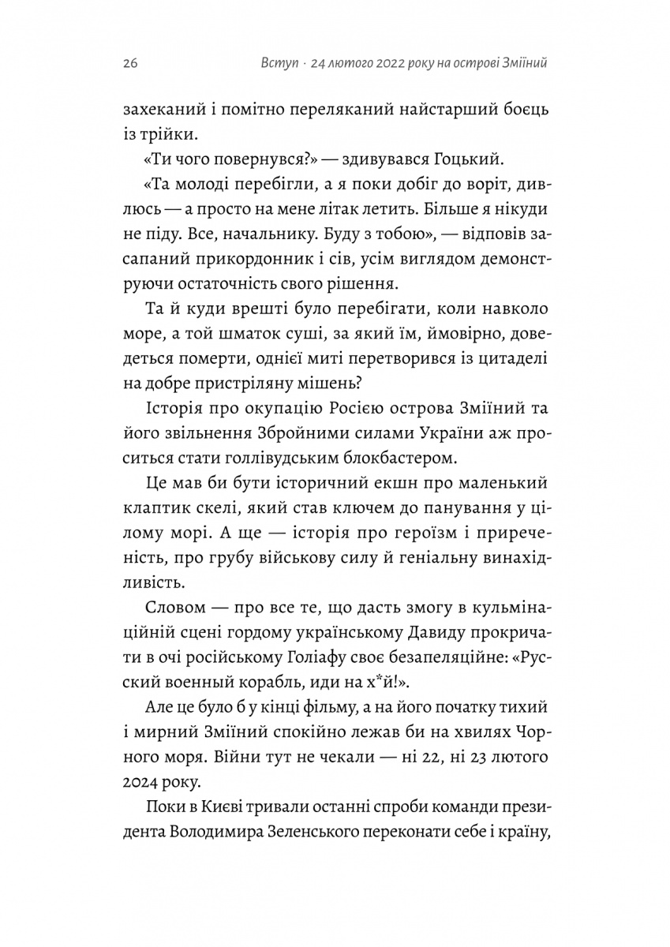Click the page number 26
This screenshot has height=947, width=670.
[130, 64]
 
